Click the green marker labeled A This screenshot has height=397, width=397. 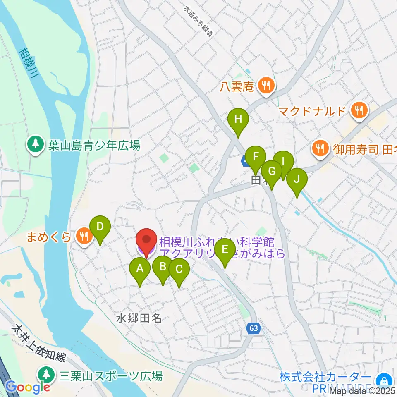tap(140, 269)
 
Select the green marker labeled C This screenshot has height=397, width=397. tap(179, 270)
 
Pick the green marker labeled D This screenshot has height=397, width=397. tap(100, 227)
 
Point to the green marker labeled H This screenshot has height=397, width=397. tap(238, 120)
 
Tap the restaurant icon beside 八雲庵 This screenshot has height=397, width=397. tap(265, 86)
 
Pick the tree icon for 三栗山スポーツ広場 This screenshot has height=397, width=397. tap(45, 375)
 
